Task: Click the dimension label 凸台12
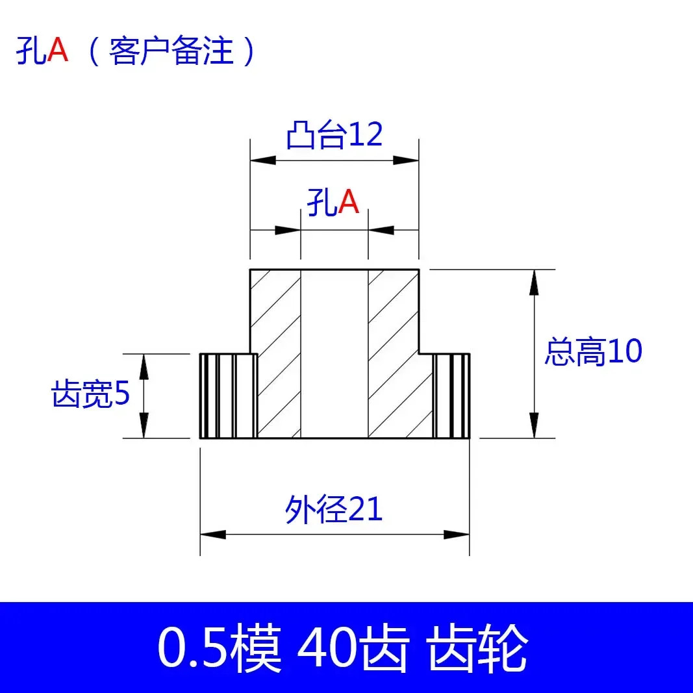(334, 135)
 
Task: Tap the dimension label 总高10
(593, 352)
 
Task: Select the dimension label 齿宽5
(91, 394)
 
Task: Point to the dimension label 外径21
(334, 510)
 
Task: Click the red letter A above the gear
(349, 203)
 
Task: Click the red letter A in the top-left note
(58, 50)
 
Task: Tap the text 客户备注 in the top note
(171, 51)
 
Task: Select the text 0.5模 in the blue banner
(220, 648)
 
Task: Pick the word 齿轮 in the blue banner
(478, 648)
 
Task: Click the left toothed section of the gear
(229, 396)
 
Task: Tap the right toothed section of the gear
(451, 396)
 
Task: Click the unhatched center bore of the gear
(334, 354)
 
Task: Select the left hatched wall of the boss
(276, 354)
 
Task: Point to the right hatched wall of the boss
(394, 354)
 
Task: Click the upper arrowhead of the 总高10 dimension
(535, 282)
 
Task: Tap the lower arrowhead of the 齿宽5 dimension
(144, 425)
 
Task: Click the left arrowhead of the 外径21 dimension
(213, 535)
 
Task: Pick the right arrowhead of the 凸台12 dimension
(406, 160)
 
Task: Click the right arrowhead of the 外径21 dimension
(457, 535)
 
